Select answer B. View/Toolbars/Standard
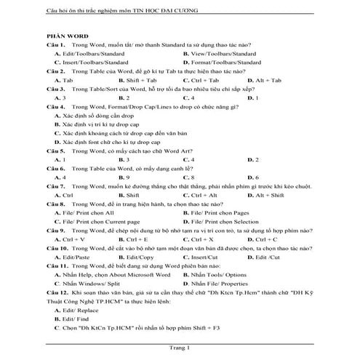(x=220, y=54)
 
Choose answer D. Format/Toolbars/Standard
(x=222, y=63)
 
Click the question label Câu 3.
(x=56, y=88)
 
